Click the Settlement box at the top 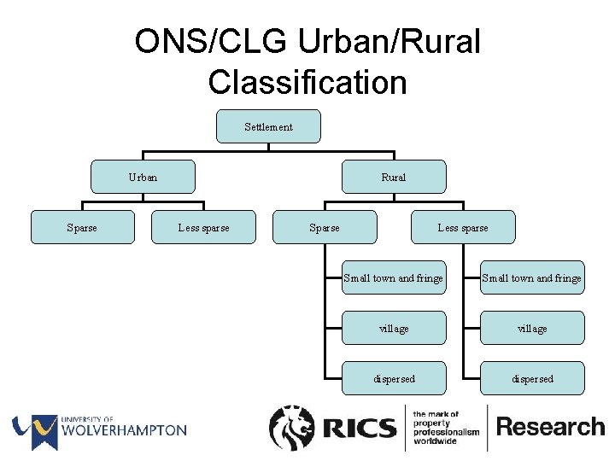click(268, 126)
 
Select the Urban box click(143, 177)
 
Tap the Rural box click(393, 177)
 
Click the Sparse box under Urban click(82, 227)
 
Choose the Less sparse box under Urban click(203, 227)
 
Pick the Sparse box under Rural click(324, 227)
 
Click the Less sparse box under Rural click(463, 227)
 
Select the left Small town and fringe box click(393, 277)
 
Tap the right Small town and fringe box click(532, 277)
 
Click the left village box click(393, 328)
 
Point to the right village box click(532, 328)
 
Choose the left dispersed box click(393, 378)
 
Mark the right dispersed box click(532, 378)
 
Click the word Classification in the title click(307, 83)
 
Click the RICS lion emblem click(293, 428)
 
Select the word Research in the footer click(550, 427)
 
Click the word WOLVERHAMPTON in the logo click(123, 430)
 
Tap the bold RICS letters click(360, 428)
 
